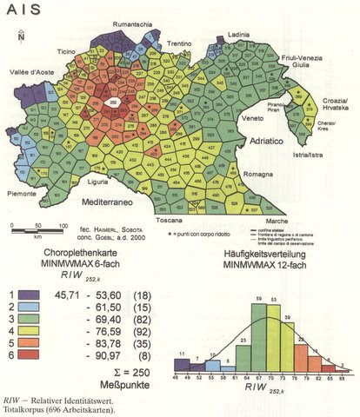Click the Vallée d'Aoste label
click(25, 73)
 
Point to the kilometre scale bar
click(37, 228)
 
